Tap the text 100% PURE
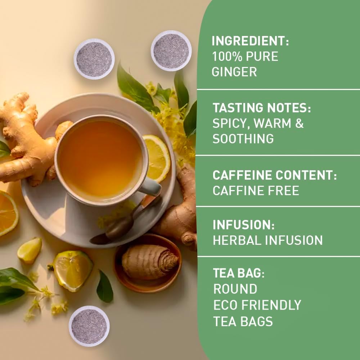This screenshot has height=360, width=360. coord(245,57)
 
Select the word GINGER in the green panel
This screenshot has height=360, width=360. coord(234,72)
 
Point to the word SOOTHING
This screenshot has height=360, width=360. coord(243,139)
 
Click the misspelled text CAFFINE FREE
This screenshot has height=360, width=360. coord(256,191)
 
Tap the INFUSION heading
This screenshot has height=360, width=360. coord(244,225)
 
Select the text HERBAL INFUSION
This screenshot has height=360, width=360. coord(267,240)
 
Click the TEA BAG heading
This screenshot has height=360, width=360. coord(238,273)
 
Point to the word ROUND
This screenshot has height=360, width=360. coord(235,289)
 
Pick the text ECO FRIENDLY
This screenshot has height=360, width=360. coord(257,305)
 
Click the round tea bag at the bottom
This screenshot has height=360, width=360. coord(89,326)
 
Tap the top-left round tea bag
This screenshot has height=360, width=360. coord(94,59)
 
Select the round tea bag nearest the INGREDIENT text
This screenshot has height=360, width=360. coord(171,50)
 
